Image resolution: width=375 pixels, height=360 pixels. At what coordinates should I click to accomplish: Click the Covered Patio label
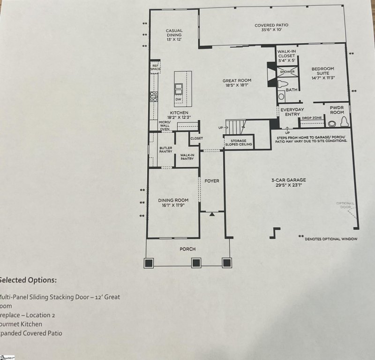pos(272,25)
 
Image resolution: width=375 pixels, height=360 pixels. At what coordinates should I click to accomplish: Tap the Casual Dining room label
pos(174,31)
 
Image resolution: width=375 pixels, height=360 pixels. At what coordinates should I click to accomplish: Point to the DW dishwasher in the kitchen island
pos(178,99)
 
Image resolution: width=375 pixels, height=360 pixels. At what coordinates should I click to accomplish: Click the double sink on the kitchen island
pos(179,88)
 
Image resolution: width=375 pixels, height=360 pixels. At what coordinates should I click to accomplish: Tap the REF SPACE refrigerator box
pos(155,67)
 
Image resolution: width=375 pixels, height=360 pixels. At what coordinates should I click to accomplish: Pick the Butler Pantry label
pos(165,150)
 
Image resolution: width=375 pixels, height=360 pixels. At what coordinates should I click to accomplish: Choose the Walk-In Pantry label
pos(187,156)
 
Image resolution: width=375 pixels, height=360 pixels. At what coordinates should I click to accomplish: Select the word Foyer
pos(212,181)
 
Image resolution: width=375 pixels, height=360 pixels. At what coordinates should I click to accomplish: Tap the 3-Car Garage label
pos(288,180)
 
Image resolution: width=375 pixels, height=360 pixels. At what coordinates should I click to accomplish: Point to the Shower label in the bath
pos(287,72)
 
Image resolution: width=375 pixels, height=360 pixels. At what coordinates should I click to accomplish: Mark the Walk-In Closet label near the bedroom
pos(286,56)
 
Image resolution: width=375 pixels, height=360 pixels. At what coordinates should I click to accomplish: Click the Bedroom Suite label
pos(323,71)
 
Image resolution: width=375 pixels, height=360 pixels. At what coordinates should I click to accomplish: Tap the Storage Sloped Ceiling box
pos(239,142)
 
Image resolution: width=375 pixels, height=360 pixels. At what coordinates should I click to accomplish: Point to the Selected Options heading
pos(28,280)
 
